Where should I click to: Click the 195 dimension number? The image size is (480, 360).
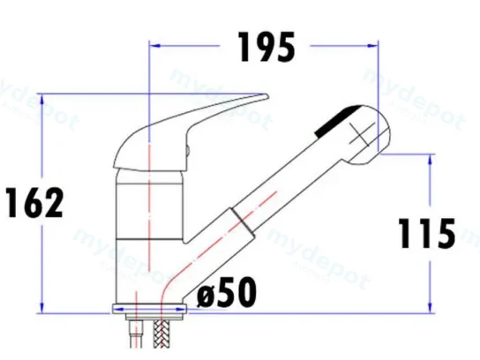266,47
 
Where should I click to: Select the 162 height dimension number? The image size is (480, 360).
34,203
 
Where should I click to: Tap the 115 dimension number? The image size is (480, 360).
427,233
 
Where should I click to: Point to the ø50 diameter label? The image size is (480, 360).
226,292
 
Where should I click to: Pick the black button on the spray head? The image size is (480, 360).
337,122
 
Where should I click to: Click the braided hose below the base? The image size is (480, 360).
161,334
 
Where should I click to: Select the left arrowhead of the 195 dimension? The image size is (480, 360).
154,46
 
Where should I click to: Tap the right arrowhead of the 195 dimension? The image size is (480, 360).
372,46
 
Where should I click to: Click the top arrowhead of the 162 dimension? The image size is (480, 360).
42,100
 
